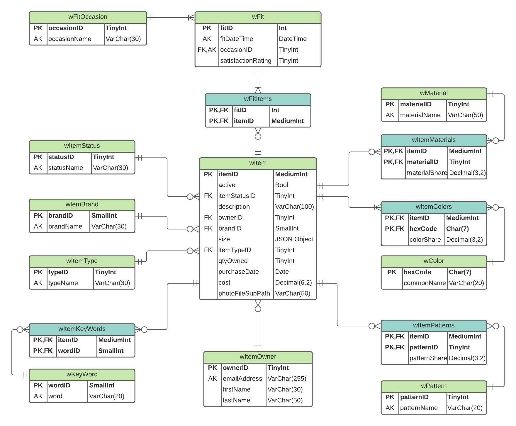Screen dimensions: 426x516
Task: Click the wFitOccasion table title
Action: click(88, 17)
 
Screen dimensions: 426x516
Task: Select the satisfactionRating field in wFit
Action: click(245, 61)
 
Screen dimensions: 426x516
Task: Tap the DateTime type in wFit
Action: click(292, 39)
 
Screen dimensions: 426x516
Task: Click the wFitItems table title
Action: click(258, 99)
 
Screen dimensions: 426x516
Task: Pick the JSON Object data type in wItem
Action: click(294, 239)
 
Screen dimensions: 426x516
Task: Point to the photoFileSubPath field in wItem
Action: click(244, 294)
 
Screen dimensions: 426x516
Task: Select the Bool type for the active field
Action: click(281, 185)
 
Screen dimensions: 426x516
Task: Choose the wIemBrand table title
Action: click(82, 205)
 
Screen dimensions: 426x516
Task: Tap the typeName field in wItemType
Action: click(63, 283)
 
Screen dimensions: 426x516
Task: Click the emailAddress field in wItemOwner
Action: click(242, 379)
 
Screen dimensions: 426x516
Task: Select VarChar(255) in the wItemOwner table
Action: click(286, 379)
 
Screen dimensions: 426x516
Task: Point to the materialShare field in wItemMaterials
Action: click(427, 173)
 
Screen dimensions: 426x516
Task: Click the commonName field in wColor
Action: click(424, 283)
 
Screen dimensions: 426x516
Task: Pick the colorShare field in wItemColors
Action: click(425, 240)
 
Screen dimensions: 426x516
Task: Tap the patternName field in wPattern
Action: click(419, 408)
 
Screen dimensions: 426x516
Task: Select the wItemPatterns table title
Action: click(434, 326)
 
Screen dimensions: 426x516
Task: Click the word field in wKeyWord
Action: click(55, 396)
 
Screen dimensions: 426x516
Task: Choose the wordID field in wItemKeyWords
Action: click(69, 351)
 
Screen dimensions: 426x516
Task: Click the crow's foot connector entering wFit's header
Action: click(191, 18)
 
